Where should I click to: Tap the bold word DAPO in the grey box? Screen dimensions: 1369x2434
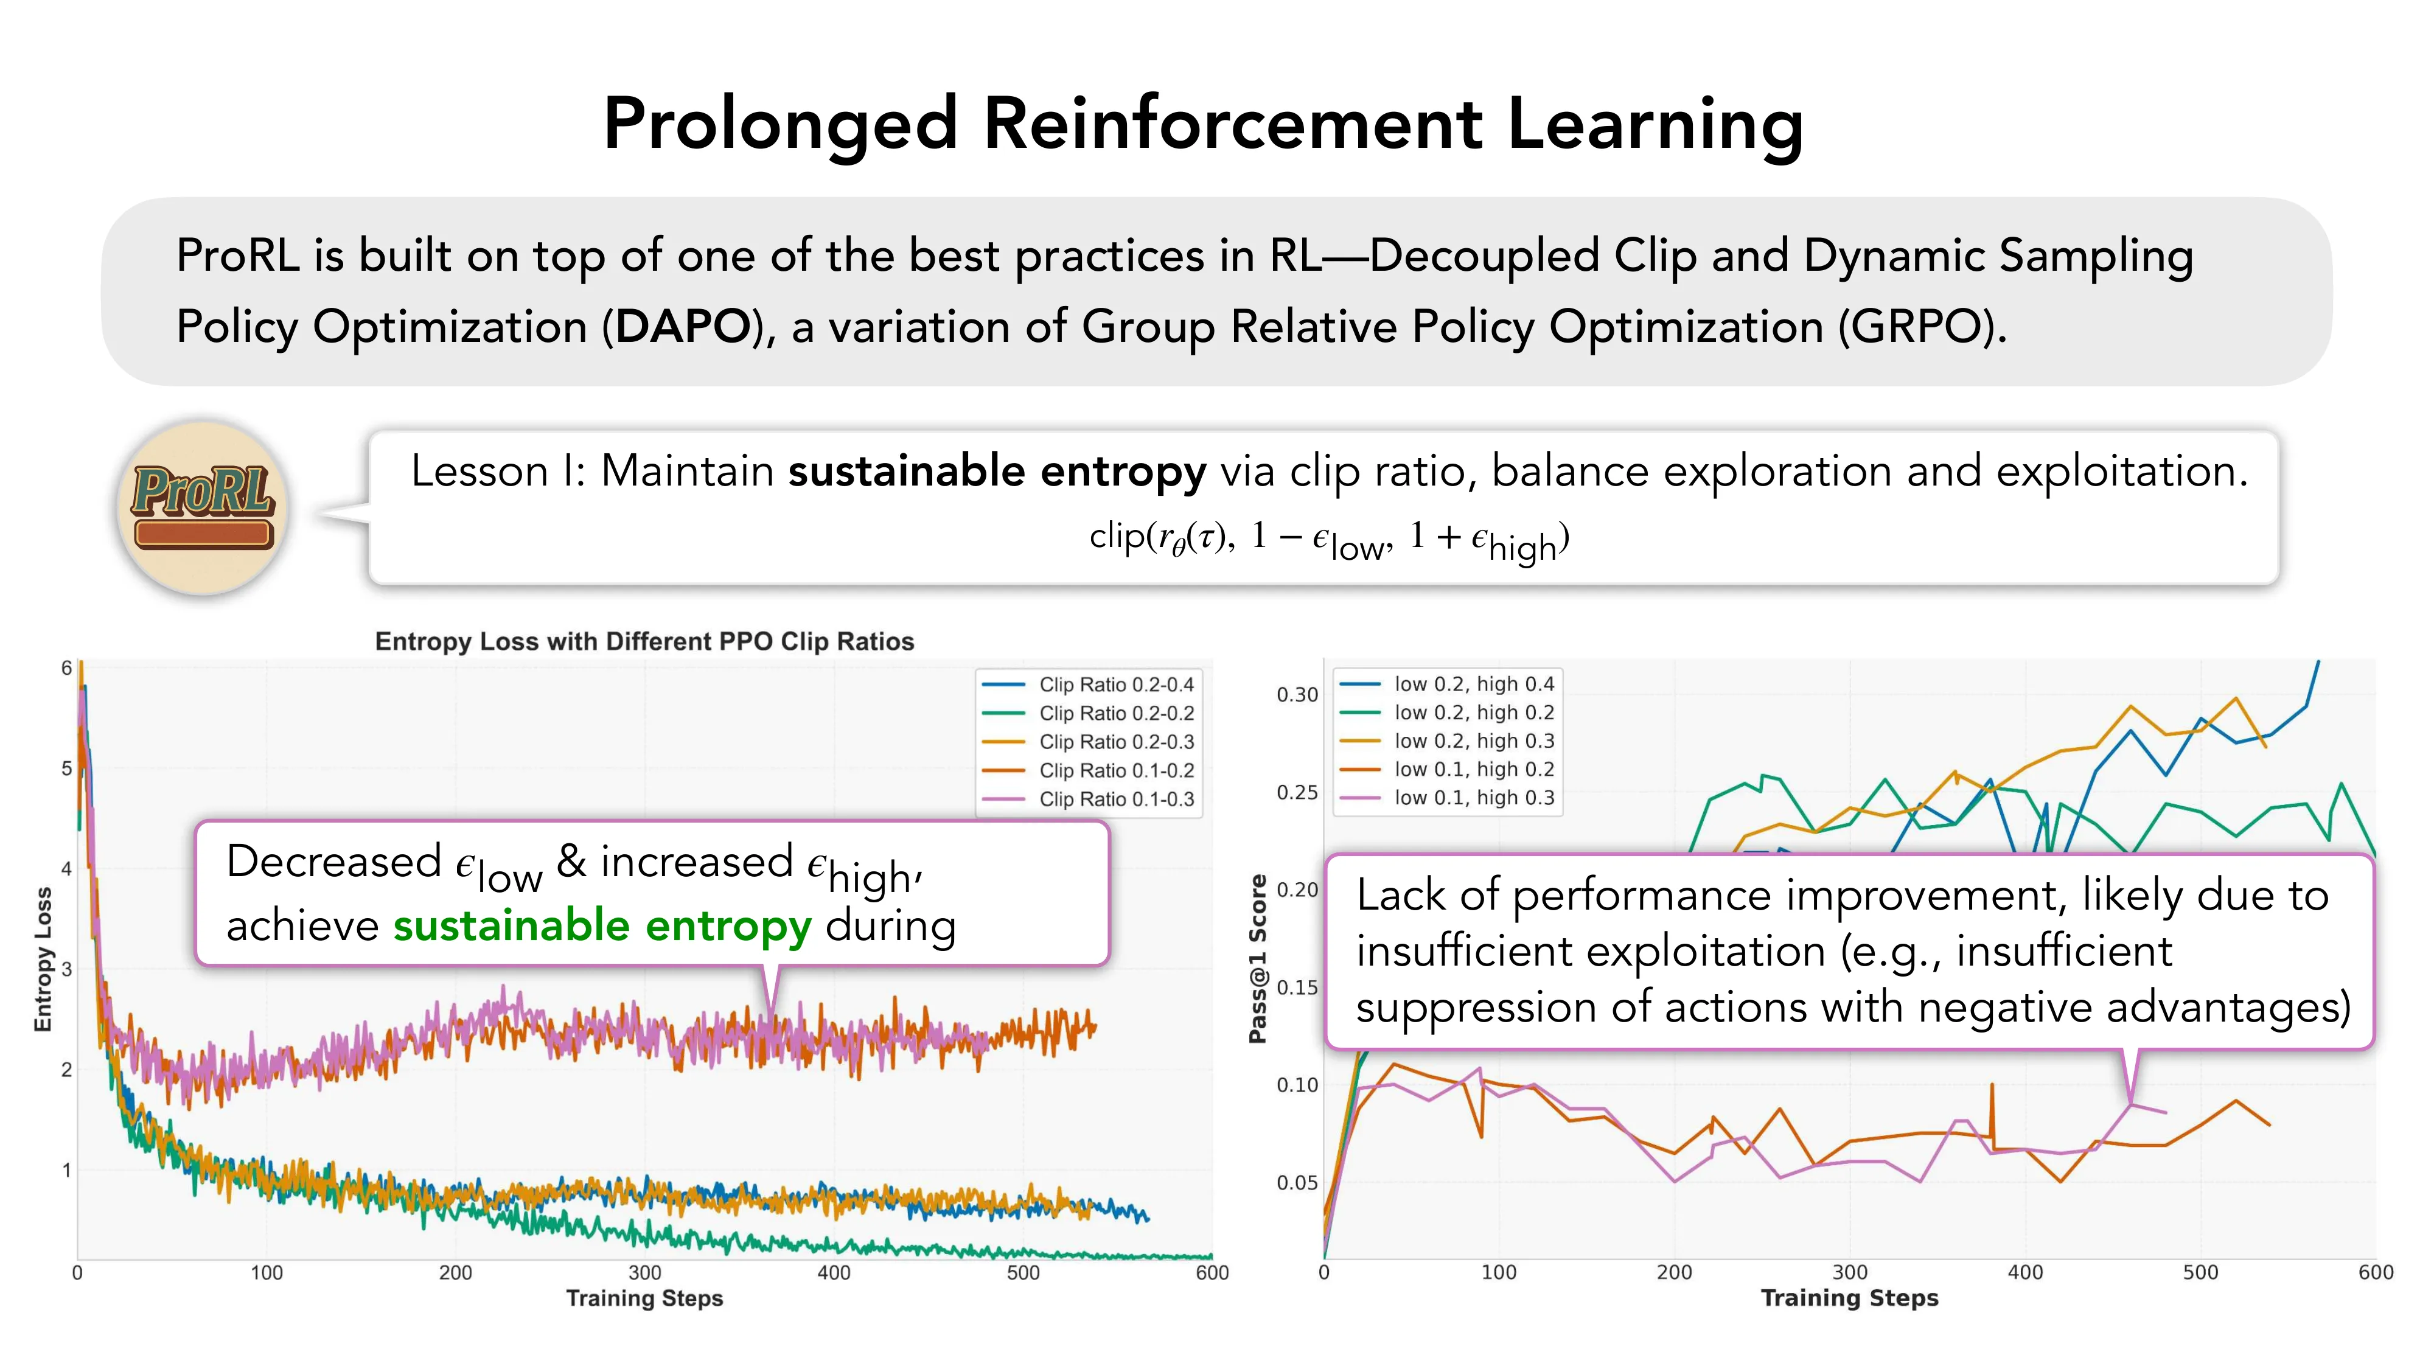[682, 327]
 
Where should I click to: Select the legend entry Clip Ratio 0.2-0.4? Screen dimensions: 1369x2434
[1115, 684]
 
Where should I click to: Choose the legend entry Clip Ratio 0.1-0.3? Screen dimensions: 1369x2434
[1115, 799]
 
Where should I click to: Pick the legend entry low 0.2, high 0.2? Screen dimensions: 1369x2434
[1473, 712]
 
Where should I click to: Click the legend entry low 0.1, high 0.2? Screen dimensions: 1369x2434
[1473, 769]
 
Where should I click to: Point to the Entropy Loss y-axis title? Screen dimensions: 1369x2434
[43, 959]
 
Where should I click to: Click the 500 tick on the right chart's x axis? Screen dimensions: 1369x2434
[2200, 1273]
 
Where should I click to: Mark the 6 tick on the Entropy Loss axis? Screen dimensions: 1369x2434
[66, 668]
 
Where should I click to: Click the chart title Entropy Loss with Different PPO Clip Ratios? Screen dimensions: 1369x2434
[644, 641]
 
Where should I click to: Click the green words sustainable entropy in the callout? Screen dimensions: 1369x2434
[602, 926]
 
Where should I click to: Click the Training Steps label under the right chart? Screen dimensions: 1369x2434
[1849, 1298]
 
